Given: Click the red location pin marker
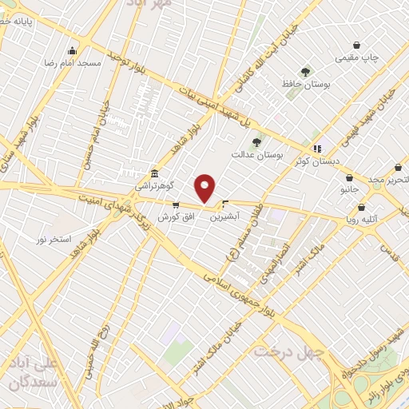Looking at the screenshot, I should pyautogui.click(x=205, y=188).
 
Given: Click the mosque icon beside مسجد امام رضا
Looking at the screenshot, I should pyautogui.click(x=73, y=50).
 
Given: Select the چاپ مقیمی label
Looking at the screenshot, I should pyautogui.click(x=356, y=58).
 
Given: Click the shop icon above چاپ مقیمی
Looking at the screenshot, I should pyautogui.click(x=356, y=46).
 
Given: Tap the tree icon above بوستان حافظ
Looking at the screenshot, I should pyautogui.click(x=304, y=71).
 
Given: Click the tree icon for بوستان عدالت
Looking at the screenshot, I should pyautogui.click(x=256, y=142).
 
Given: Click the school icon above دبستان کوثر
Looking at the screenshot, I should pyautogui.click(x=317, y=149).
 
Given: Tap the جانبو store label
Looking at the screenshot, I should pyautogui.click(x=349, y=189).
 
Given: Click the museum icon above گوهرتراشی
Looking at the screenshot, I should pyautogui.click(x=153, y=173).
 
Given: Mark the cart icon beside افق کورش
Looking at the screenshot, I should pyautogui.click(x=176, y=205).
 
